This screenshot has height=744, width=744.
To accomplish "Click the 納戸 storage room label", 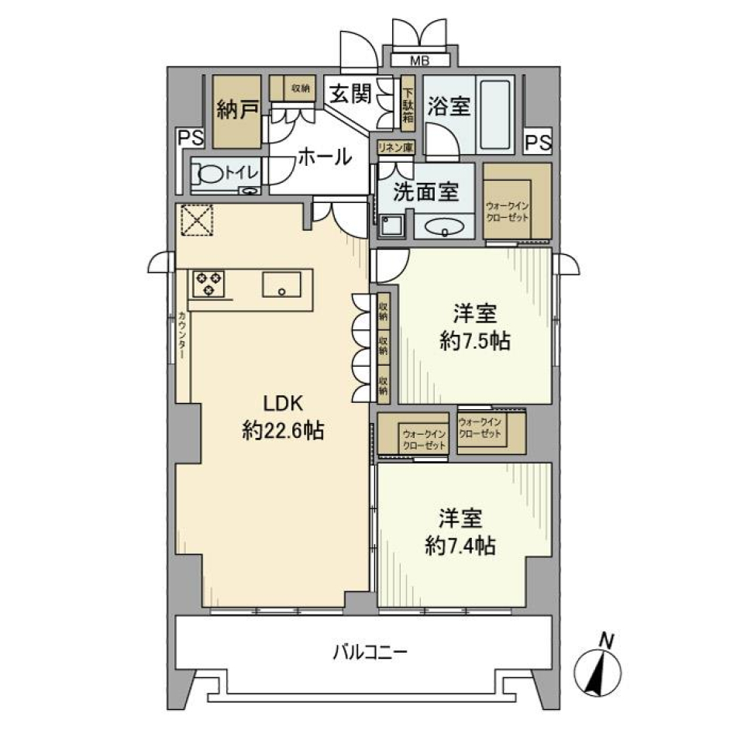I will (x=237, y=111).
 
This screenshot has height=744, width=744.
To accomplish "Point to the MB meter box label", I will (x=419, y=60).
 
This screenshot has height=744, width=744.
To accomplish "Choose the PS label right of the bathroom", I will (x=538, y=143).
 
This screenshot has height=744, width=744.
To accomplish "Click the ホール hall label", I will (x=324, y=156).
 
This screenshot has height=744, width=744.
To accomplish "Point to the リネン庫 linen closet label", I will (x=395, y=147).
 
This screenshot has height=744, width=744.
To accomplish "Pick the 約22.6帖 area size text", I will (x=283, y=431).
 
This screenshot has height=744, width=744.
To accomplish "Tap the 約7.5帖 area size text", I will (x=474, y=342).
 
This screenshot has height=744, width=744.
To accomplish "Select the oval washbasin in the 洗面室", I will (x=445, y=228).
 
